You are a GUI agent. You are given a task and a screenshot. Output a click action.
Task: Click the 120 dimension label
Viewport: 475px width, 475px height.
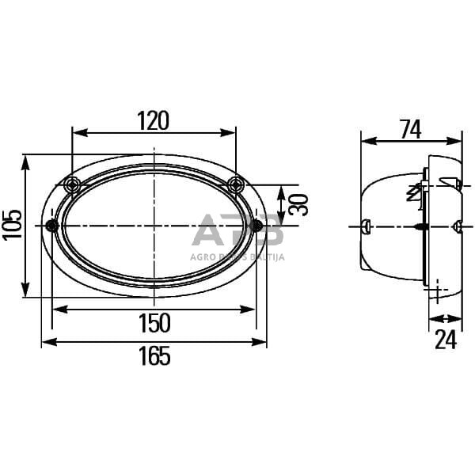click(154, 120)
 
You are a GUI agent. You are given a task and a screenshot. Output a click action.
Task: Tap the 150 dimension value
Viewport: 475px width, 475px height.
click(154, 323)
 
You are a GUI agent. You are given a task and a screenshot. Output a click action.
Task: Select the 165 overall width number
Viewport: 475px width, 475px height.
click(154, 356)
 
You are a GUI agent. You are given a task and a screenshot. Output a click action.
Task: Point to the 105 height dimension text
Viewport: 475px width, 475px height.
click(11, 226)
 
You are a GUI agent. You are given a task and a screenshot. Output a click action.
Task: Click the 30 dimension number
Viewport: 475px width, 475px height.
click(298, 204)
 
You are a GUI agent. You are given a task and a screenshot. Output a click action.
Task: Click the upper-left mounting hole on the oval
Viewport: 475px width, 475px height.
click(73, 185)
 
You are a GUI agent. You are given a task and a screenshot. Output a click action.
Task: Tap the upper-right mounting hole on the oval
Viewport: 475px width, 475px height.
click(235, 185)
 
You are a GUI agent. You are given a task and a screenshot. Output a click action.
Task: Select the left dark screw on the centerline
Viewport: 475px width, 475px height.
click(52, 226)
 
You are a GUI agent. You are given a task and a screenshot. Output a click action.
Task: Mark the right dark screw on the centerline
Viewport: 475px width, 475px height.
click(256, 226)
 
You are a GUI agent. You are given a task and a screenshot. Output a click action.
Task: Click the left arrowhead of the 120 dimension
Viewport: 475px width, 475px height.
click(77, 132)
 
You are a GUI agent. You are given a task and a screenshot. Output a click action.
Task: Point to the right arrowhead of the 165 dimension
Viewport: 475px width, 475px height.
click(262, 342)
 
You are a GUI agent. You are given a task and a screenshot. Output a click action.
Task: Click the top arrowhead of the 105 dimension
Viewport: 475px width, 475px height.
click(26, 160)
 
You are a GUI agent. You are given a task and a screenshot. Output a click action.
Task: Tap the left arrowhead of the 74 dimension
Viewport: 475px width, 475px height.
click(366, 142)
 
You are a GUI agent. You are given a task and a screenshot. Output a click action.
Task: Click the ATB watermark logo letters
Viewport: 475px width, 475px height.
click(237, 230)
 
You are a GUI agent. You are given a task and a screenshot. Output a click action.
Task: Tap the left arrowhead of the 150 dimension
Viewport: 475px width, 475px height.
click(56, 309)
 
